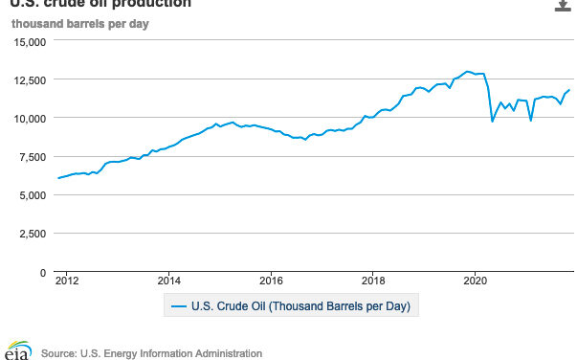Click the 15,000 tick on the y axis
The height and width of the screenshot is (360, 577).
click(29, 41)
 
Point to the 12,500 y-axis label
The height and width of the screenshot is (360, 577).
click(29, 79)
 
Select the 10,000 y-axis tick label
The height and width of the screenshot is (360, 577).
click(29, 118)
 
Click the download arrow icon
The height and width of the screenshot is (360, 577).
click(562, 5)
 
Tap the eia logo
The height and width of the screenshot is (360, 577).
click(16, 350)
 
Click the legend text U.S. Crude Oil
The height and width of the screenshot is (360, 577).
click(301, 307)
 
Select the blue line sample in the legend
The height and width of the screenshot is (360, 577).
click(179, 307)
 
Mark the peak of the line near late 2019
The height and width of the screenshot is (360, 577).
click(467, 71)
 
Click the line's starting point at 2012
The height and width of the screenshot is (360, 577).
click(58, 178)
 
